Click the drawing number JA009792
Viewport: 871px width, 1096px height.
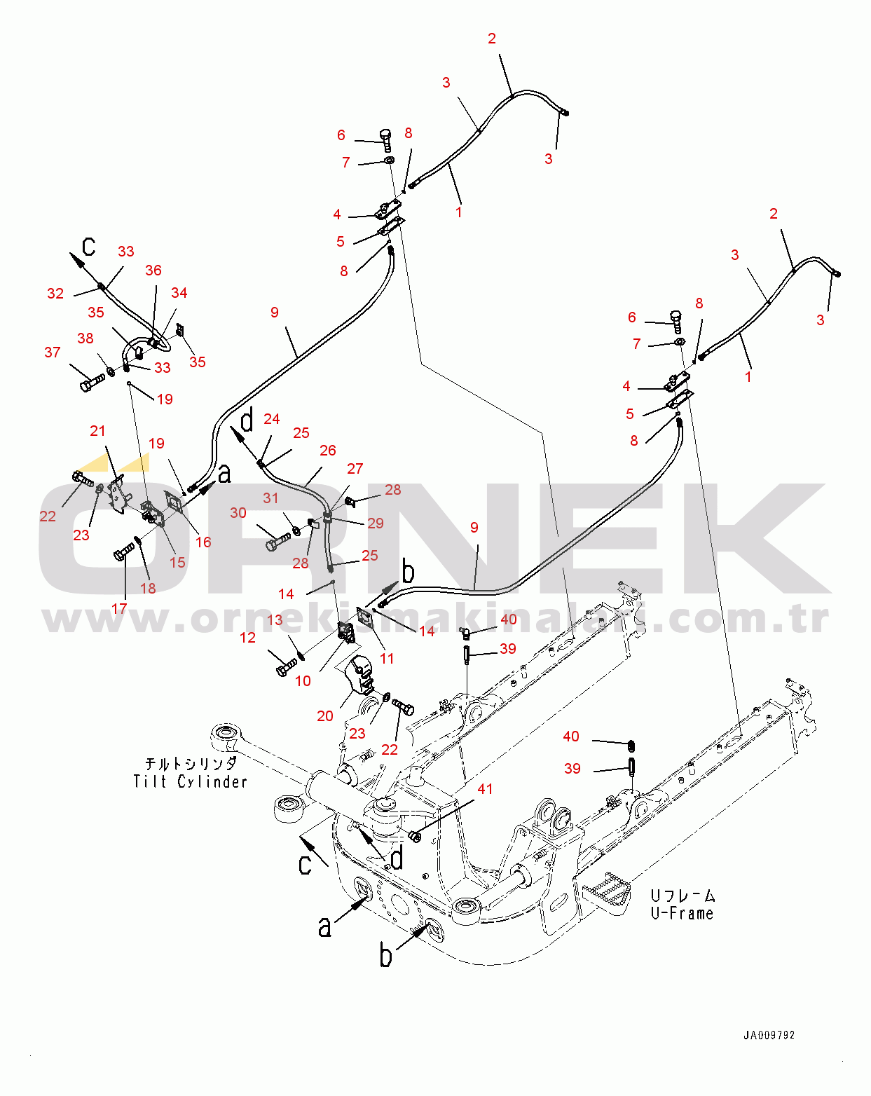point(769,1034)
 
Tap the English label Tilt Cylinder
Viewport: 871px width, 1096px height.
point(190,781)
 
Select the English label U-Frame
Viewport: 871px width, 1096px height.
point(682,913)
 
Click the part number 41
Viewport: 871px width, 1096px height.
point(485,789)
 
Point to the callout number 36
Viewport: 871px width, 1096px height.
point(153,270)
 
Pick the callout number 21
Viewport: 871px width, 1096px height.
point(97,431)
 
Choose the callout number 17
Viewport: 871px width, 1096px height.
point(119,608)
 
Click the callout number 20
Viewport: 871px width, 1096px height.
point(325,716)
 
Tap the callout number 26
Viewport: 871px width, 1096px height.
point(328,450)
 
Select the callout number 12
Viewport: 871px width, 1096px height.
point(247,638)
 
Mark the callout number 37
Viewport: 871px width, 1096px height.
point(53,352)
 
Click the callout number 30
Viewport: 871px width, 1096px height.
point(238,513)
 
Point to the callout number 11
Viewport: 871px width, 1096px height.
point(387,659)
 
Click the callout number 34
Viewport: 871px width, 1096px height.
point(179,293)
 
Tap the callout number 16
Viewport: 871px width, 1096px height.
point(203,542)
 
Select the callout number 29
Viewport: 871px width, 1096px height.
point(376,523)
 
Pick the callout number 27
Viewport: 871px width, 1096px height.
point(355,469)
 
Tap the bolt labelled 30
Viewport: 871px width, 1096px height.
point(277,541)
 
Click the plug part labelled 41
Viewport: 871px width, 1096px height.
point(415,836)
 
